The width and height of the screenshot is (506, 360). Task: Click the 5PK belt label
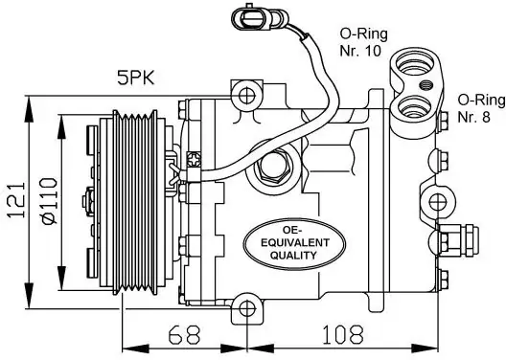(136, 78)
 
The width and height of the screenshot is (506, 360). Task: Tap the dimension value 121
(16, 200)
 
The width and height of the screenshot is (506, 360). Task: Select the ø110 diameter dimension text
(49, 200)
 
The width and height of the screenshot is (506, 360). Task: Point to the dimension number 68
(184, 334)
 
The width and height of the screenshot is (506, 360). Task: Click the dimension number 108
(343, 334)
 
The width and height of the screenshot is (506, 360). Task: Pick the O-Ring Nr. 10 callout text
(363, 42)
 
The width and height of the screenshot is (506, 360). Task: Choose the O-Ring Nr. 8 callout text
(481, 108)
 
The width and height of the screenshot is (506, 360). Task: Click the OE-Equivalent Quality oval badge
(294, 243)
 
